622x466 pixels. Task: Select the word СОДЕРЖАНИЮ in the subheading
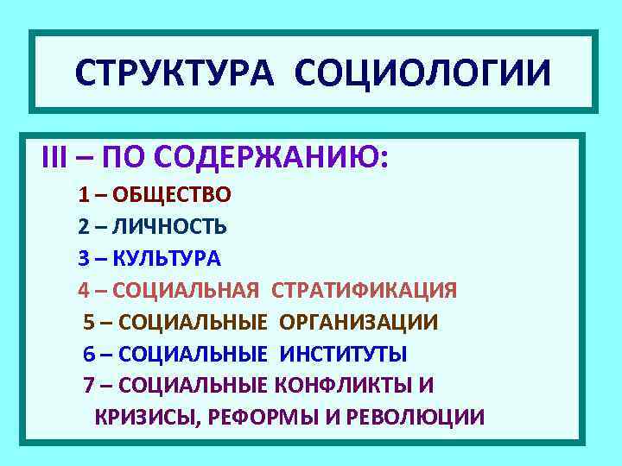[x=301, y=160]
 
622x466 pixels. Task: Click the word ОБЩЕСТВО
[x=171, y=194]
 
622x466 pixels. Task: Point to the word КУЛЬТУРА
[x=167, y=258]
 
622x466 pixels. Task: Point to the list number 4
[x=84, y=290]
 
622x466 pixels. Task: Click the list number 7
[x=89, y=385]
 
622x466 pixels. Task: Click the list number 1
[x=84, y=194]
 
